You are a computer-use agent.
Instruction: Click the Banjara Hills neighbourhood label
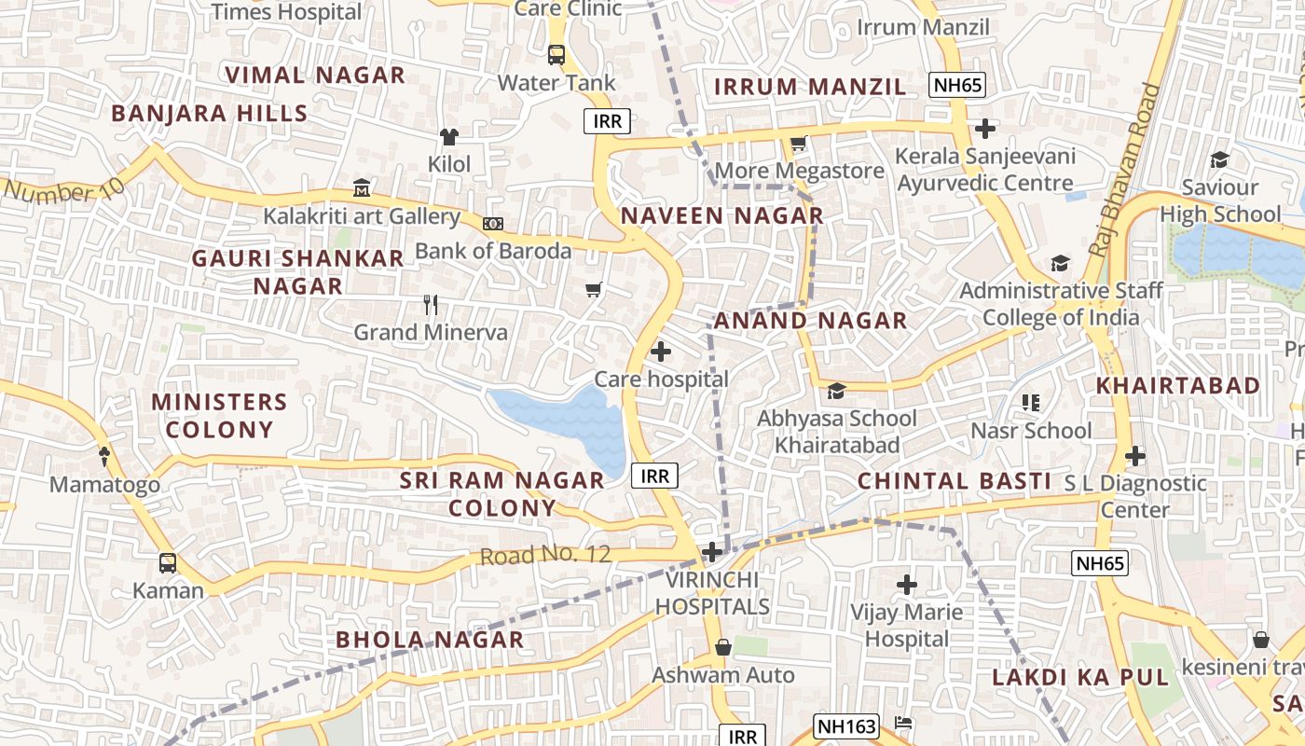(209, 114)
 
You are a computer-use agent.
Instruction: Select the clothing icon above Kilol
(449, 137)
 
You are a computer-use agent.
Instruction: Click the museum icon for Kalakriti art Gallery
(362, 188)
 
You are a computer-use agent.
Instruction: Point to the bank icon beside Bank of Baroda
(493, 224)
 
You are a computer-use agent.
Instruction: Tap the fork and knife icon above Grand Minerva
(430, 304)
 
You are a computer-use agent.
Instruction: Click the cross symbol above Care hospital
(661, 352)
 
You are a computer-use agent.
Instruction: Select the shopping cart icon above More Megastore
(798, 144)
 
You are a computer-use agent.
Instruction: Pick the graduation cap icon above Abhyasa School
(836, 391)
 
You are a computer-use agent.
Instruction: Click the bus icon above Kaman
(168, 563)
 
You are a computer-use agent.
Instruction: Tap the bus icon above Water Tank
(556, 55)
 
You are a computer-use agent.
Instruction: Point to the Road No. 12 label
(545, 556)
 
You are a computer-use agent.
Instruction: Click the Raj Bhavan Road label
(1125, 171)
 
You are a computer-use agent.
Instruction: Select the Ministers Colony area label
(219, 416)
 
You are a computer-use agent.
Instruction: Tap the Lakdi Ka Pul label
(1079, 678)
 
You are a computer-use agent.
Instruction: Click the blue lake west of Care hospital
(564, 425)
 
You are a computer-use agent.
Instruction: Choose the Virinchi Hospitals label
(712, 593)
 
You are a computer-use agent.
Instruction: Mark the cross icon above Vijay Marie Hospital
(907, 585)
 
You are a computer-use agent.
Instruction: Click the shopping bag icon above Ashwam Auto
(722, 647)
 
